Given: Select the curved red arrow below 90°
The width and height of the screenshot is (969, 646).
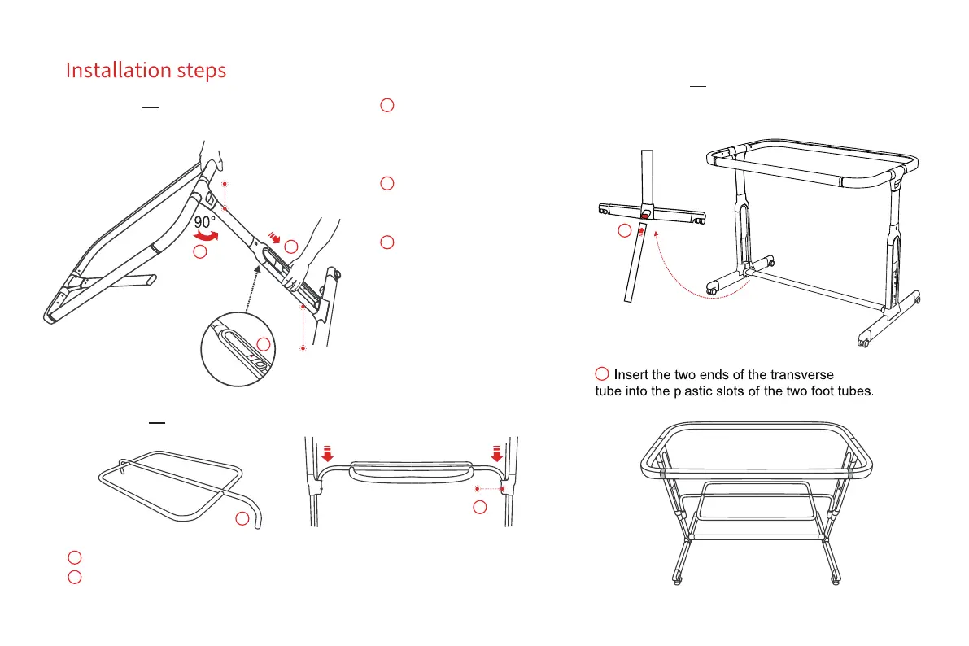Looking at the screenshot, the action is tap(205, 237).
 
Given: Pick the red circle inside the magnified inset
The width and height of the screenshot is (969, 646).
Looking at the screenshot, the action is tap(263, 344).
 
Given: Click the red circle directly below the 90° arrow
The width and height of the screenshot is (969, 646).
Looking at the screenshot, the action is tap(200, 254).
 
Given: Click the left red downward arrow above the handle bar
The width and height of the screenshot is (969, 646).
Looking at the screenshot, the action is tap(327, 452).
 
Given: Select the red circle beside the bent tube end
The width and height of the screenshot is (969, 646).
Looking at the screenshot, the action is tap(242, 519).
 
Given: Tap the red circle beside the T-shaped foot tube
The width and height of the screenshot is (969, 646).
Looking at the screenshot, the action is tap(624, 231).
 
